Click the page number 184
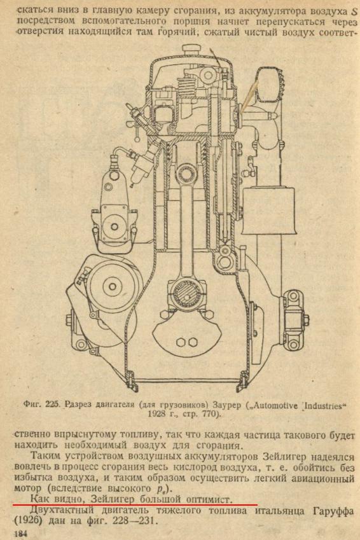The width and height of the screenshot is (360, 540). (x=20, y=534)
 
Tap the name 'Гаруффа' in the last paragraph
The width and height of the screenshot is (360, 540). (x=333, y=511)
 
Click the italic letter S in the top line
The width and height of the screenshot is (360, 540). (x=354, y=12)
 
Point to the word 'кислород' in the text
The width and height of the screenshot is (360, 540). (x=195, y=467)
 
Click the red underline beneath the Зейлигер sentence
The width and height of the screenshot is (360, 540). (x=135, y=504)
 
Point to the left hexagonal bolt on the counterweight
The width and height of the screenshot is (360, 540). (x=181, y=342)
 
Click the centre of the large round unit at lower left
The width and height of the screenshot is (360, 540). (x=113, y=286)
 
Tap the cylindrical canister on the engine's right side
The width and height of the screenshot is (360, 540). (x=268, y=211)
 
